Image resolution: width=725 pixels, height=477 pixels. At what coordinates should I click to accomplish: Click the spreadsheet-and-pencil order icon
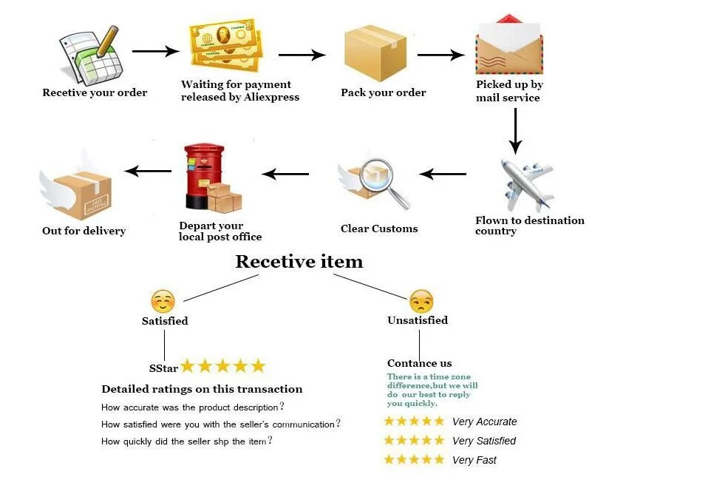click(x=89, y=55)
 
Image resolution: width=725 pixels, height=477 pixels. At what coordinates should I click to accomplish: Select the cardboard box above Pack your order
click(x=375, y=53)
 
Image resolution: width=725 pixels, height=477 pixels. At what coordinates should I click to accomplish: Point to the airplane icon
click(x=526, y=185)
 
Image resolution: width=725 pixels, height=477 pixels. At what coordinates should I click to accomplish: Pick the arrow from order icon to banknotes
click(x=155, y=52)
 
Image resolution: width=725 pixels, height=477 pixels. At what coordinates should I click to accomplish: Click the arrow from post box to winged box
click(x=148, y=171)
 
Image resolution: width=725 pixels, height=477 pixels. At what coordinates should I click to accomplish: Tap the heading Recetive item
click(x=299, y=262)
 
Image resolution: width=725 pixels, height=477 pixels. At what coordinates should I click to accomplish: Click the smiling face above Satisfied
click(x=163, y=302)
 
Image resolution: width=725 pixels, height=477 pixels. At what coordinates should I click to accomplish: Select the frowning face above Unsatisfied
click(x=421, y=300)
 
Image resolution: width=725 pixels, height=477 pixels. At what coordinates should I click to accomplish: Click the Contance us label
click(x=419, y=363)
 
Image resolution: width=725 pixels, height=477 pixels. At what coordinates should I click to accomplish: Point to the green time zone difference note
click(x=432, y=390)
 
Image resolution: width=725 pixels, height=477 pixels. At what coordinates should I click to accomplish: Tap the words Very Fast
click(x=474, y=460)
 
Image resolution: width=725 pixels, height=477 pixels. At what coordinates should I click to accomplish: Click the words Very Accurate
click(x=484, y=422)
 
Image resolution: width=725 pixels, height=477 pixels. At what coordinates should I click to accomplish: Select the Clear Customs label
click(x=379, y=229)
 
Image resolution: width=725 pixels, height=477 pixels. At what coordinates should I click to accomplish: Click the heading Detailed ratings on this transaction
click(x=202, y=389)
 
